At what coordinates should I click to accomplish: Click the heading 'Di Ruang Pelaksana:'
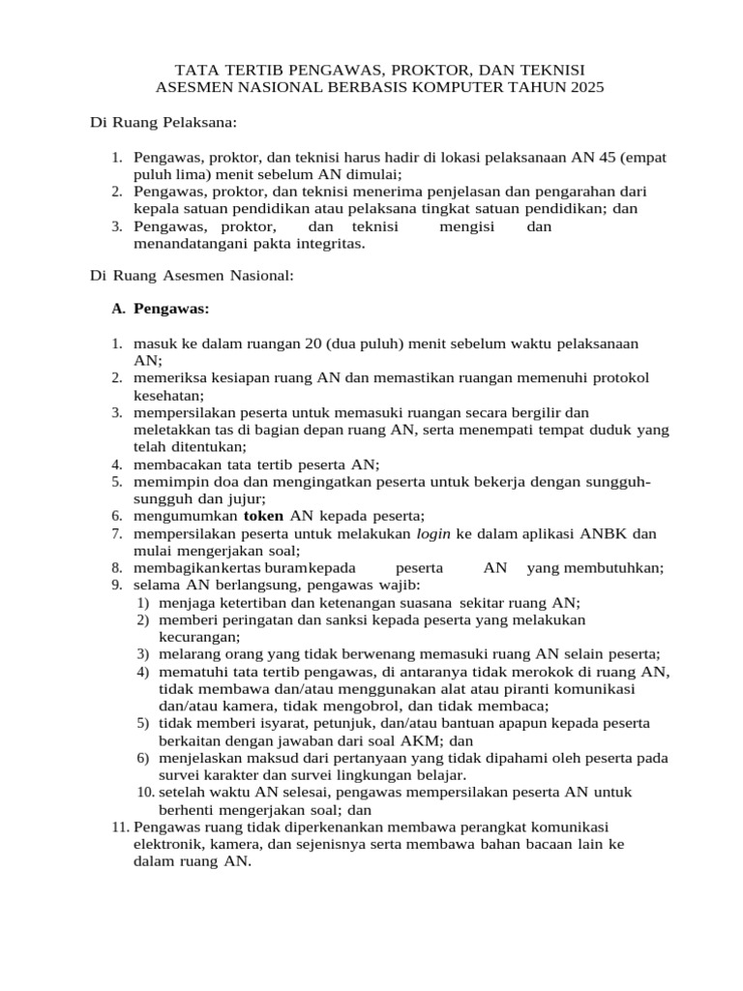pos(163,123)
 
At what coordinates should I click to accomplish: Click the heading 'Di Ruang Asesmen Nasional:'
pos(192,276)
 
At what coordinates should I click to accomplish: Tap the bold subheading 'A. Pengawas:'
pos(161,309)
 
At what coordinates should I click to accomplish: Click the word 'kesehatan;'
pos(169,395)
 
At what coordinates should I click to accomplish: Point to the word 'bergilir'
pos(537,412)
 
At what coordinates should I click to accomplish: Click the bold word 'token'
pos(263,516)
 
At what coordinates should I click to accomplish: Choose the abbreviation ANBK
pos(606,533)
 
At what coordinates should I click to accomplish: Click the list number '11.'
pos(120,826)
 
